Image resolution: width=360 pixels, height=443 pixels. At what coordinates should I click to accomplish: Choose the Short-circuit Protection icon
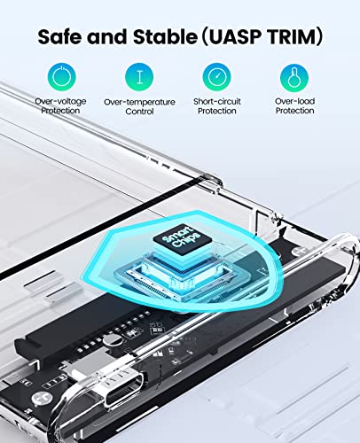point(216,75)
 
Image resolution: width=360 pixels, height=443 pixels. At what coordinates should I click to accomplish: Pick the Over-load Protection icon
point(294,75)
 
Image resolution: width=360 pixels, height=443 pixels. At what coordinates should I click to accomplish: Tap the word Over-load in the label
point(294,102)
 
